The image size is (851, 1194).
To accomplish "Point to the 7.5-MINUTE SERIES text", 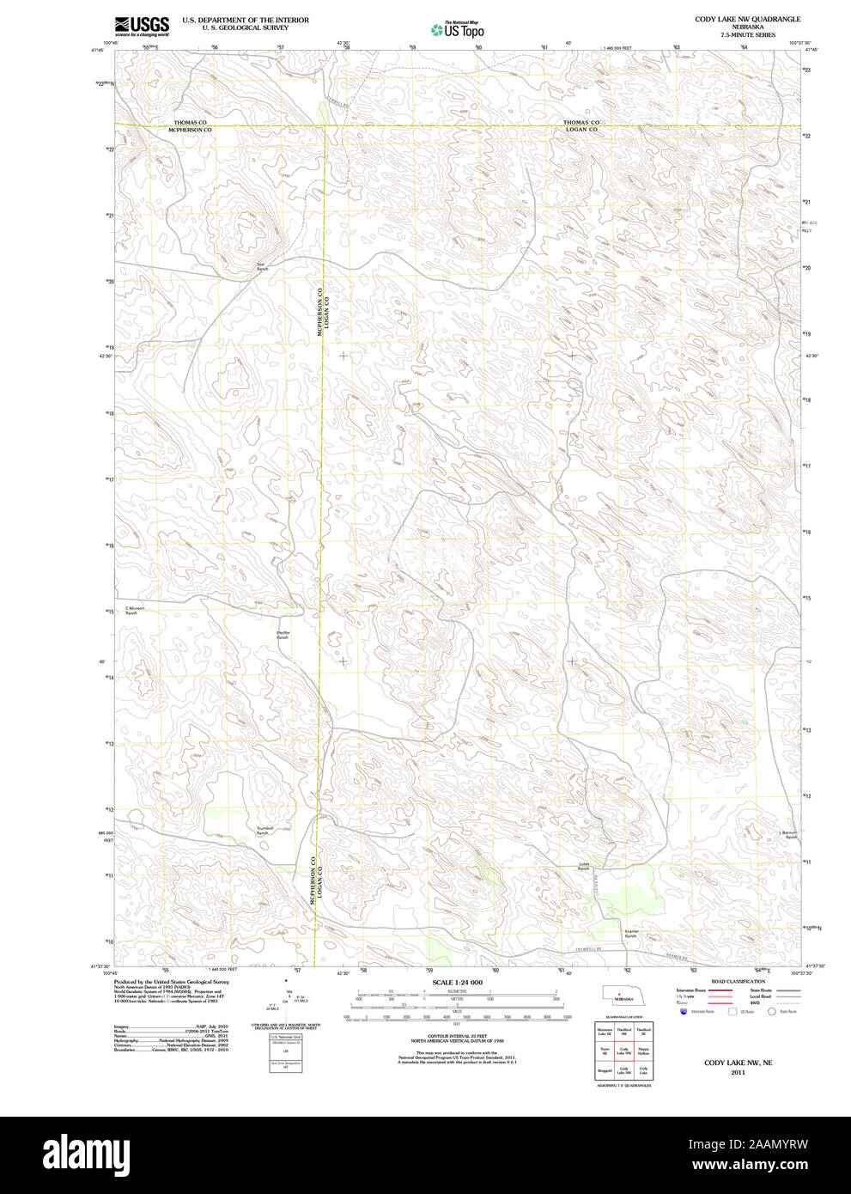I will [747, 35].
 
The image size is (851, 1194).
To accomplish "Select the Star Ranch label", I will [263, 266].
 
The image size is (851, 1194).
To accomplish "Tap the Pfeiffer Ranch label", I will [283, 635].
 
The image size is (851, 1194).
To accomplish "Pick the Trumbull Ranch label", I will [264, 831].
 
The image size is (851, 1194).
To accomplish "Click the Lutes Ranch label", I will [584, 867].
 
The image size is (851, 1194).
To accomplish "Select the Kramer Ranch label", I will [631, 933].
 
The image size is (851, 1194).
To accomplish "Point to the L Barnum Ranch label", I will [788, 834].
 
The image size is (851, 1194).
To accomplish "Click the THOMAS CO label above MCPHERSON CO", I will [191, 123].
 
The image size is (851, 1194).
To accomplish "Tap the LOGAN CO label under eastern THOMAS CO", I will [581, 130].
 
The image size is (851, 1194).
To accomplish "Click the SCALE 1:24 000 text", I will [457, 982].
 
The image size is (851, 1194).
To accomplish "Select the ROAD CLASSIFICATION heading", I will [738, 981].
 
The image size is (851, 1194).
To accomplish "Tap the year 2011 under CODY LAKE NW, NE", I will [738, 1072].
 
